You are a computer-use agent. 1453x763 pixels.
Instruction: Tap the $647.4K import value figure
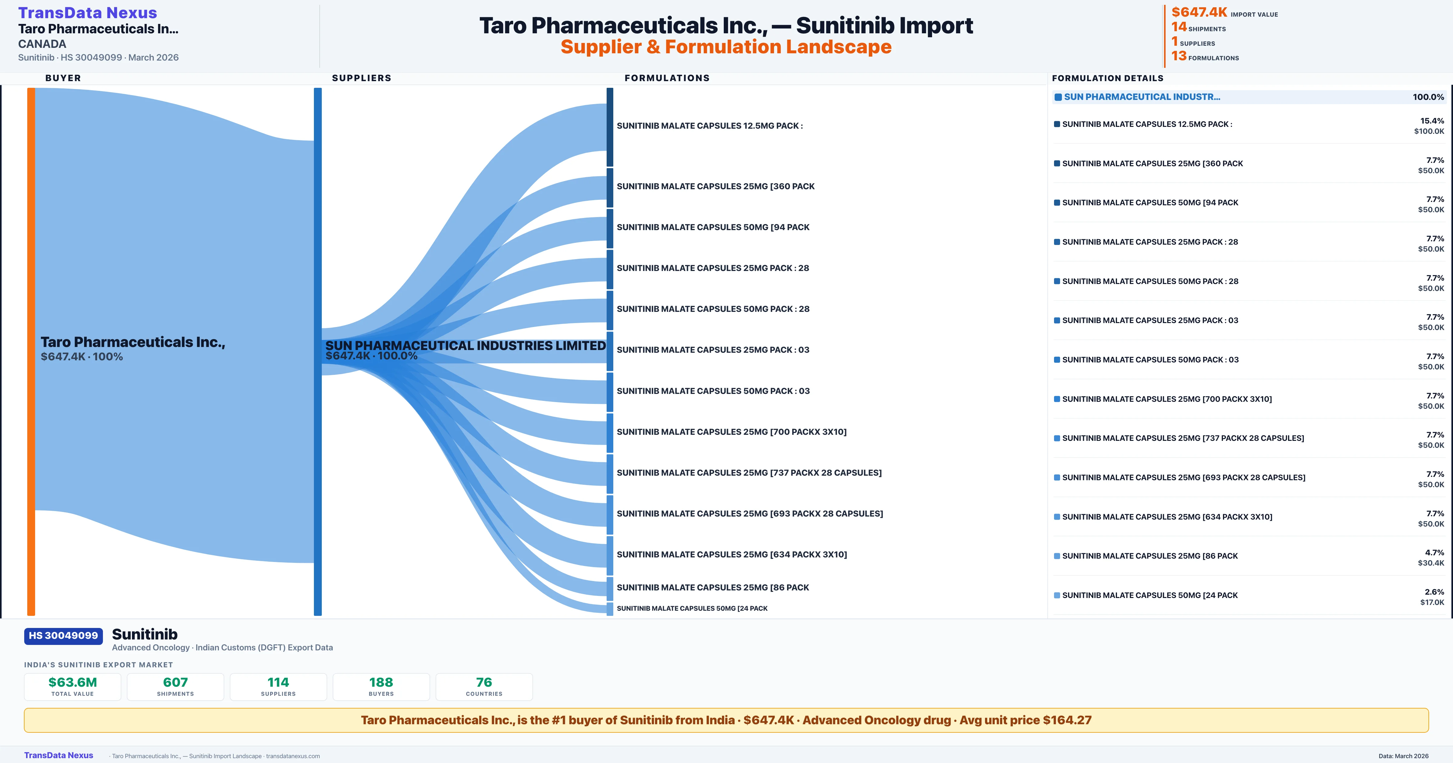[1199, 12]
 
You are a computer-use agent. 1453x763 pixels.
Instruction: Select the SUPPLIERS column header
[361, 78]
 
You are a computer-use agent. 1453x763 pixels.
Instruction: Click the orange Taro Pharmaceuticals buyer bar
[31, 350]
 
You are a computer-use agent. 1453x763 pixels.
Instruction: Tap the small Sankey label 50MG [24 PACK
[692, 608]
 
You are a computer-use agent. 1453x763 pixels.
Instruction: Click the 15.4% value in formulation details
[1432, 121]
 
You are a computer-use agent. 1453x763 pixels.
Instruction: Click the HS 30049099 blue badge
[63, 636]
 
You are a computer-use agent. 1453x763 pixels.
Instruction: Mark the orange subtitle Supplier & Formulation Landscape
[726, 47]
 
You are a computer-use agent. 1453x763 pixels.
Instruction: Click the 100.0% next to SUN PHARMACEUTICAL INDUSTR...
[1428, 97]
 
